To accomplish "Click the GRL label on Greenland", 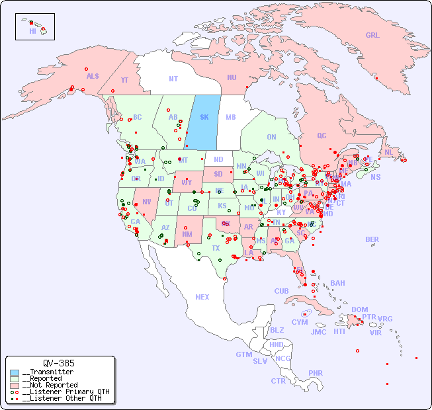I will tap(372, 36).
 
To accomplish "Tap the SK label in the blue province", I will tap(204, 117).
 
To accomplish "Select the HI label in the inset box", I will tap(32, 31).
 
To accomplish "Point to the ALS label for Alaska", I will tap(93, 77).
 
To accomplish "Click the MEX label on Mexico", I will tap(202, 297).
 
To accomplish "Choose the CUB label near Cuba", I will tap(281, 291).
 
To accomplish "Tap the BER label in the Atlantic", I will tap(372, 239).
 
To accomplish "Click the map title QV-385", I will tap(59, 363).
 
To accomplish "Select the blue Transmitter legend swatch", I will tap(15, 372).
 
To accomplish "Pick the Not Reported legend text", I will tap(50, 385).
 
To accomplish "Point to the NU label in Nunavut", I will tap(232, 77).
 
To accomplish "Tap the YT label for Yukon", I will tap(124, 80).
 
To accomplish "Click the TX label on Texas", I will tap(215, 248).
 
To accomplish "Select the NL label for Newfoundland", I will tap(388, 152).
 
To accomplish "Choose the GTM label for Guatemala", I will tap(243, 354).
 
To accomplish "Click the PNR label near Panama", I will tap(316, 373).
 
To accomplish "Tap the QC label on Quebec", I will tap(322, 136).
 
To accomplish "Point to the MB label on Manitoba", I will tap(231, 117).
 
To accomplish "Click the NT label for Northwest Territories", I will tap(173, 79).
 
